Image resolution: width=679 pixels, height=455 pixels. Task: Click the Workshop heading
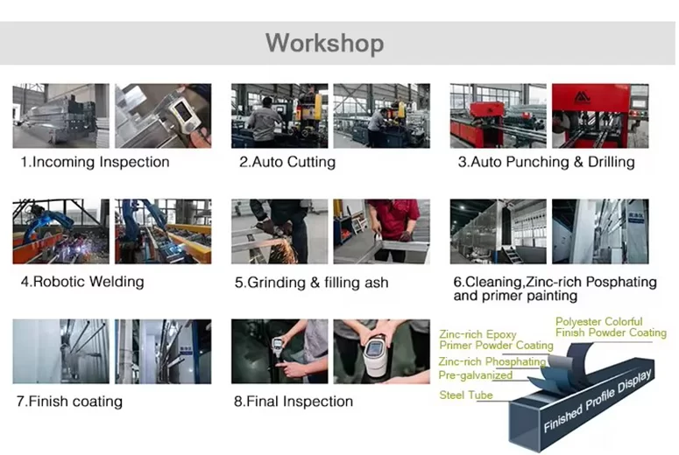coord(325,43)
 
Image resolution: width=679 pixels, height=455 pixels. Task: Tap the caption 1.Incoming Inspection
coord(95,162)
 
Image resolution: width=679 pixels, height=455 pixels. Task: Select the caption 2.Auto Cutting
coord(287,162)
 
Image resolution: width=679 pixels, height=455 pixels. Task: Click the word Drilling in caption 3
coord(611,162)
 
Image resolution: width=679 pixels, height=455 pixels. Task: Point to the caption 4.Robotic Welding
coord(82,282)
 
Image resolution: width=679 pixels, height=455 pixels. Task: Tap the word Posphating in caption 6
coord(621,282)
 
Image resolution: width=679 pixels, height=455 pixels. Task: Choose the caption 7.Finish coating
coord(69,402)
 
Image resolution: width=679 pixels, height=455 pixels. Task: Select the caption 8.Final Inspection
coord(294,402)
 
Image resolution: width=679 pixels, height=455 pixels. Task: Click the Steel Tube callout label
coord(466,395)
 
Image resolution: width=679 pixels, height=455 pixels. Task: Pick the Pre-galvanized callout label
coord(476,375)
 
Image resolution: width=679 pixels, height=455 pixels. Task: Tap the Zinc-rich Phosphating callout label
coord(492,361)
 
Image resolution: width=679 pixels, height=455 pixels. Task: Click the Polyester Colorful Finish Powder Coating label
coord(611,327)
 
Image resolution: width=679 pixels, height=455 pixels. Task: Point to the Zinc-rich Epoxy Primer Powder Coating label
coord(496,339)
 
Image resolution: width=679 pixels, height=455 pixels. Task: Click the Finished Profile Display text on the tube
coord(598,401)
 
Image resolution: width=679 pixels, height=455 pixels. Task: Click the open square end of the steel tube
coord(525,425)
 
